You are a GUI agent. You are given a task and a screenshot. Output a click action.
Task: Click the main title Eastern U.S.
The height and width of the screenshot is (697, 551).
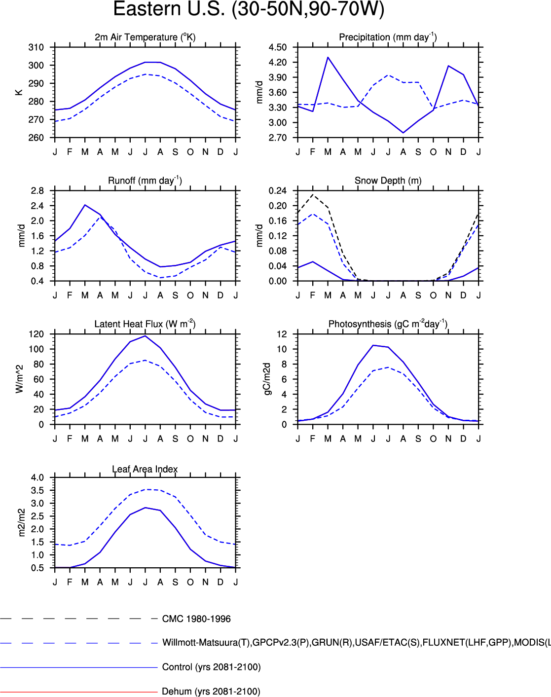pyautogui.click(x=249, y=10)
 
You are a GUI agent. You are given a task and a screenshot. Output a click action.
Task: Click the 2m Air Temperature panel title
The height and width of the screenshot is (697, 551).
pyautogui.click(x=145, y=37)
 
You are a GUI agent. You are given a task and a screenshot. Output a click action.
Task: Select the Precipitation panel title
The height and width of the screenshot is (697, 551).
pyautogui.click(x=388, y=37)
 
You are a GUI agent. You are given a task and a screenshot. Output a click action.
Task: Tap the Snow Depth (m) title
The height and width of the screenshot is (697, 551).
pyautogui.click(x=388, y=181)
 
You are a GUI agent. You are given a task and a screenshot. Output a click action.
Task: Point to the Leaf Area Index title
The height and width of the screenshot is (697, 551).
pyautogui.click(x=145, y=469)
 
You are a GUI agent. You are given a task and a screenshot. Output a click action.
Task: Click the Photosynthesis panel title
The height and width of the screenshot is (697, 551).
pyautogui.click(x=388, y=324)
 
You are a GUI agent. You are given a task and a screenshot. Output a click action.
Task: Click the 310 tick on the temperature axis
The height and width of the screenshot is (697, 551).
pyautogui.click(x=36, y=47)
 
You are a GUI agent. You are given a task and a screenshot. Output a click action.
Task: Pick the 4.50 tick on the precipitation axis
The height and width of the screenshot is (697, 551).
pyautogui.click(x=278, y=47)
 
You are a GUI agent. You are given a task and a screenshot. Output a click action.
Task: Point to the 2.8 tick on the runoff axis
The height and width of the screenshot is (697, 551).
pyautogui.click(x=37, y=191)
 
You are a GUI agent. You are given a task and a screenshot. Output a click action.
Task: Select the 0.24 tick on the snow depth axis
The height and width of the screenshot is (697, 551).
pyautogui.click(x=278, y=191)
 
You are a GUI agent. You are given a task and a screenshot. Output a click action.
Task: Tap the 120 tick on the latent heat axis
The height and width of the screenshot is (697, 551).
pyautogui.click(x=36, y=334)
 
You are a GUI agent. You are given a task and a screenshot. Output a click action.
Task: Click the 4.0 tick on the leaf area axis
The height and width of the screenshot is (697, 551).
pyautogui.click(x=37, y=477)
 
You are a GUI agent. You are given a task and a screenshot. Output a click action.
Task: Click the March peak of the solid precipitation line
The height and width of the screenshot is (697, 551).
pyautogui.click(x=328, y=57)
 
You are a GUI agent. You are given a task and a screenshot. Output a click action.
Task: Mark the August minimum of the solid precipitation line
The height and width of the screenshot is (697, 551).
pyautogui.click(x=403, y=133)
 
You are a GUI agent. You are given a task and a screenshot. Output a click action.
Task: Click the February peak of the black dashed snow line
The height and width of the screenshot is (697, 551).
pyautogui.click(x=313, y=194)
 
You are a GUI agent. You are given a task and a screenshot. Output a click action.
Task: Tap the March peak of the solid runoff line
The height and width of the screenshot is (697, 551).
pyautogui.click(x=85, y=205)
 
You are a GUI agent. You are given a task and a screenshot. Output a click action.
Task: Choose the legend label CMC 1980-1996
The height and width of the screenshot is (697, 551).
pyautogui.click(x=196, y=619)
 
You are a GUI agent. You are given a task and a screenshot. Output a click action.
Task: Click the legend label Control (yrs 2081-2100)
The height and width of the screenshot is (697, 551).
pyautogui.click(x=211, y=667)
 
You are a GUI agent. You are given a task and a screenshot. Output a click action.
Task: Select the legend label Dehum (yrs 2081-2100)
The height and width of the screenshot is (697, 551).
pyautogui.click(x=211, y=692)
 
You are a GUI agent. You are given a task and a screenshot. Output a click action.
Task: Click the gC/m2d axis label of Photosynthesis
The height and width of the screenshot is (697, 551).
pyautogui.click(x=267, y=379)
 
